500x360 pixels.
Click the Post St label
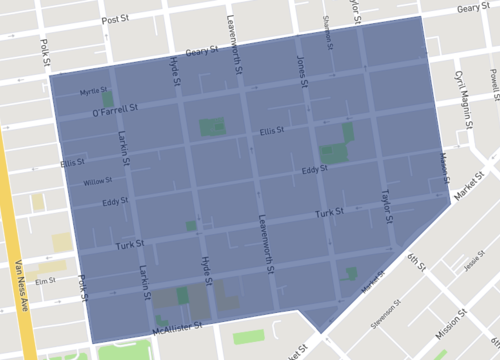(118, 18)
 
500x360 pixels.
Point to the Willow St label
(97, 181)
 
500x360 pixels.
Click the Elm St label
(44, 281)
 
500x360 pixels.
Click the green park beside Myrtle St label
(107, 100)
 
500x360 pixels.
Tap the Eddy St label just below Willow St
(116, 203)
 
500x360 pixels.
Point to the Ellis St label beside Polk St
(72, 162)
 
